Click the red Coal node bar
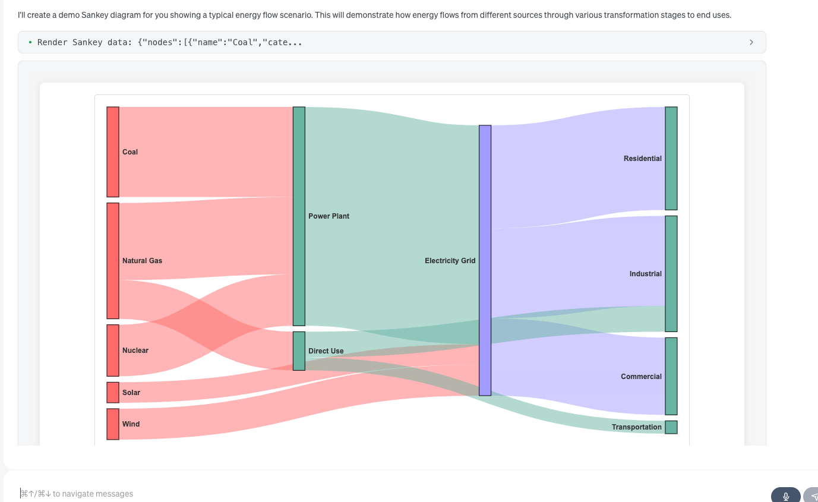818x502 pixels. [113, 151]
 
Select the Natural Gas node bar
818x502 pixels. [113, 260]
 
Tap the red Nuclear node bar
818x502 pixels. [113, 350]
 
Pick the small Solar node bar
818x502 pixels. [113, 392]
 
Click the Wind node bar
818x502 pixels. [113, 424]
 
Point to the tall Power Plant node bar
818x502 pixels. [299, 216]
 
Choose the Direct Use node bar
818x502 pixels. [299, 351]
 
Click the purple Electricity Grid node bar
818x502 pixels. [485, 260]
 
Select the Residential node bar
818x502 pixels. [671, 158]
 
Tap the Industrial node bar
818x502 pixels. [671, 273]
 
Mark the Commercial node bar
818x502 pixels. [671, 376]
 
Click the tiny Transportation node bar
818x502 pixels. [671, 427]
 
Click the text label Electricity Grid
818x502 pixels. [450, 261]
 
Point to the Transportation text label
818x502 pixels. [636, 427]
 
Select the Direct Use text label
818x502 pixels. [326, 351]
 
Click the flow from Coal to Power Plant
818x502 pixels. [206, 151]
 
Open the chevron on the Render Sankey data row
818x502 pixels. [751, 42]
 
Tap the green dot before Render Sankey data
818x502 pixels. [30, 42]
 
